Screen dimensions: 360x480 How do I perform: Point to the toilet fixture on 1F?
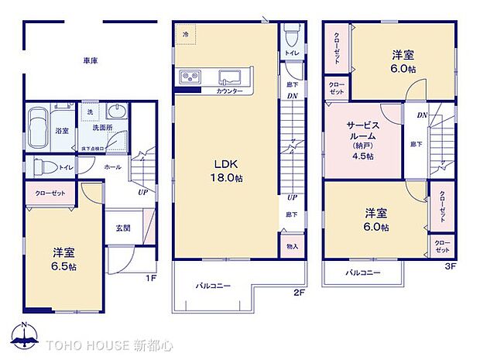click(x=38, y=166)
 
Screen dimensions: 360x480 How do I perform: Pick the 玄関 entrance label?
click(x=123, y=228)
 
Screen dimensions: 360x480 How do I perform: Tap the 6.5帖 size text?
click(x=63, y=266)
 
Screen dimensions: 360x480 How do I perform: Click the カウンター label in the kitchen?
click(x=229, y=91)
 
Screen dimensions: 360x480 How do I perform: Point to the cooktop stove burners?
click(x=190, y=76)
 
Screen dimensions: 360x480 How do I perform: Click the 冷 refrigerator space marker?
click(x=185, y=35)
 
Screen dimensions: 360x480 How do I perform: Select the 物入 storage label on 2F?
click(x=291, y=246)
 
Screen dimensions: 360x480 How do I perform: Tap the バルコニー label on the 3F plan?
click(x=362, y=273)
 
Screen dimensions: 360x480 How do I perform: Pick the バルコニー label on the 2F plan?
click(x=212, y=286)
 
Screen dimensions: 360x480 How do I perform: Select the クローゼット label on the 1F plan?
click(x=50, y=193)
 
